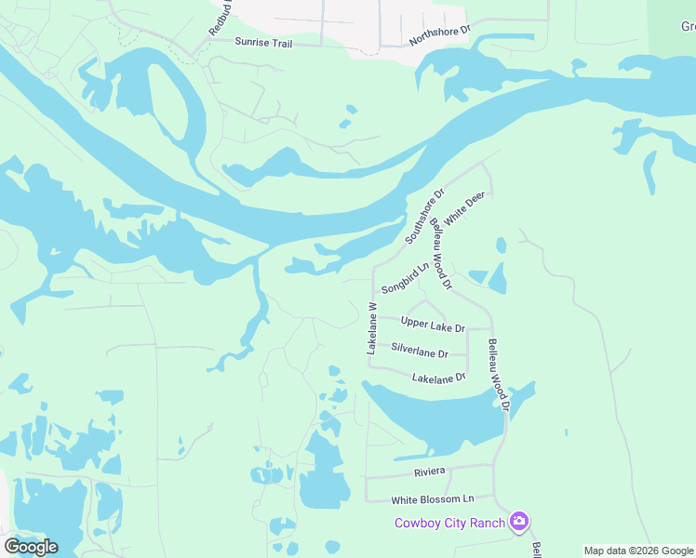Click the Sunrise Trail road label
click(x=263, y=42)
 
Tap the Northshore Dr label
click(x=440, y=36)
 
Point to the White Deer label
click(x=464, y=206)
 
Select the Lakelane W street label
click(x=372, y=327)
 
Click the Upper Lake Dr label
click(x=432, y=323)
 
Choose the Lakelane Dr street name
click(x=438, y=379)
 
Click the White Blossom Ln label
click(x=433, y=499)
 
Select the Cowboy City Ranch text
click(x=450, y=523)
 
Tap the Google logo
click(x=31, y=547)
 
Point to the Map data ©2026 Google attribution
click(x=638, y=551)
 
